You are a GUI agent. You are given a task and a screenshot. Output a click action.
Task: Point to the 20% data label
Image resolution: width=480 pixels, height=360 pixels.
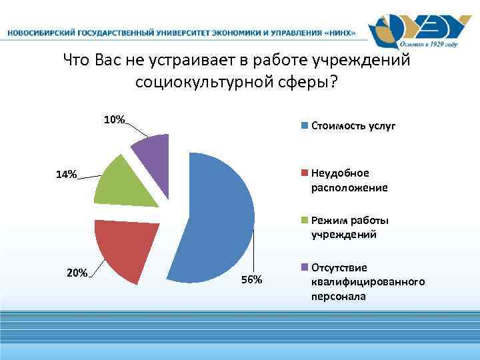pyautogui.click(x=77, y=272)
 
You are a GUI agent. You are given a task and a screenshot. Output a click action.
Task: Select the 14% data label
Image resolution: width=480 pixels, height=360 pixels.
pyautogui.click(x=66, y=175)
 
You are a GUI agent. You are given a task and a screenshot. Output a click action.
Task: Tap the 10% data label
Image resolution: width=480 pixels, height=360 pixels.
pyautogui.click(x=114, y=120)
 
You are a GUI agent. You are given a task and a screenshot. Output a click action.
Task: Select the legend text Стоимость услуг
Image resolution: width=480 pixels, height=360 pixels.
pyautogui.click(x=353, y=125)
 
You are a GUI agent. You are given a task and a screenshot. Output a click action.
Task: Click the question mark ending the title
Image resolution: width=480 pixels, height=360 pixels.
pyautogui.click(x=333, y=83)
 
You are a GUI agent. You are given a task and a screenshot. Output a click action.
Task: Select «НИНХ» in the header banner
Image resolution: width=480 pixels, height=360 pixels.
pyautogui.click(x=337, y=32)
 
